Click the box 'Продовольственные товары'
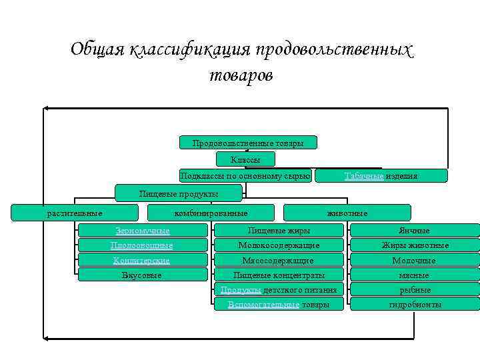tap(248, 143)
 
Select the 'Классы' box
tap(245, 159)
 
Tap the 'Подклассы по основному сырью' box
tap(245, 176)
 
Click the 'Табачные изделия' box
tap(381, 176)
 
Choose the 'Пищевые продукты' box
tap(179, 193)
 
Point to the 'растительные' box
tap(75, 213)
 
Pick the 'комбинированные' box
tap(211, 213)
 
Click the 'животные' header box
tap(347, 213)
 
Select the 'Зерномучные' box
tap(143, 231)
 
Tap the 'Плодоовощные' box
tap(143, 245)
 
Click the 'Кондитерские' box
tap(143, 260)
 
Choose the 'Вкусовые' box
tap(143, 275)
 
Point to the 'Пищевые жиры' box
tap(279, 231)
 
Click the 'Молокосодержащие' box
tap(279, 245)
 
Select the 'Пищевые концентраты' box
tap(279, 275)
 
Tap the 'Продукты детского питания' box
tap(279, 289)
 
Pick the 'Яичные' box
tap(415, 231)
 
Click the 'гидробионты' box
tap(415, 304)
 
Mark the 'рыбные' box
tap(415, 289)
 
